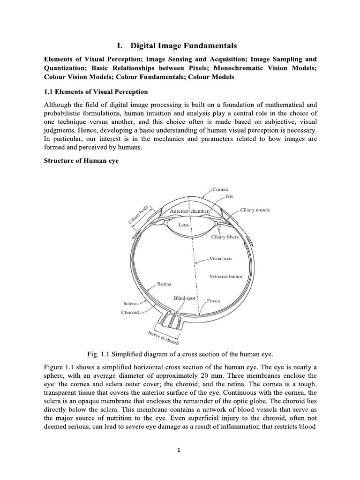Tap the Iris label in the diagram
point(230,197)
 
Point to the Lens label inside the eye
point(184,225)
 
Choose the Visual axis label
point(220,258)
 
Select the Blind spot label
point(185,298)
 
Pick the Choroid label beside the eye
point(130,312)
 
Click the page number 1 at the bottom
point(180,451)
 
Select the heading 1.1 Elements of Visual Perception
point(96,91)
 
